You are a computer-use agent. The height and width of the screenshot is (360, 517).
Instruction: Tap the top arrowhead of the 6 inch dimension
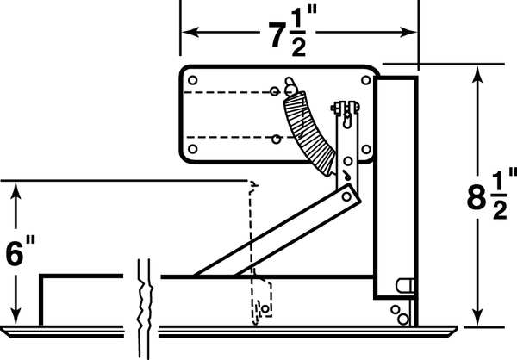[x=16, y=188]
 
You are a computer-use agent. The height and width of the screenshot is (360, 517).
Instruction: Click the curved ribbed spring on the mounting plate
[x=308, y=129]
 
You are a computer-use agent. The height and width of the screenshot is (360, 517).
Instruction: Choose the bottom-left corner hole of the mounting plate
[x=192, y=150]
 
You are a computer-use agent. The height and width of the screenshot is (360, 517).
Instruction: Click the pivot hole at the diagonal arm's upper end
[x=347, y=196]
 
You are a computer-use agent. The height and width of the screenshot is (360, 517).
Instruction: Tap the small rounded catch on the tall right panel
[x=405, y=284]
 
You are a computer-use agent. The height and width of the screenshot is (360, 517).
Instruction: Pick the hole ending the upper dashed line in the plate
[x=273, y=90]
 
